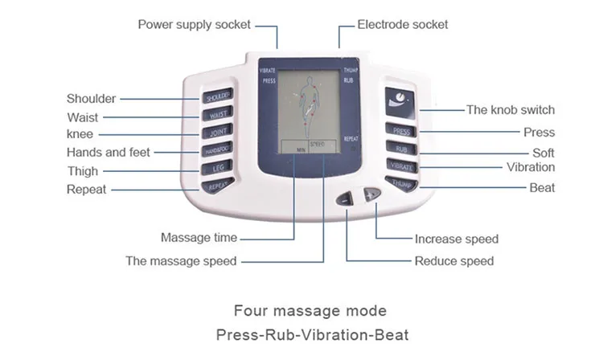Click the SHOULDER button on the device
(218, 97)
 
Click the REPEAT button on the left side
(218, 186)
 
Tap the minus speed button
(347, 198)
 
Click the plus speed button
(371, 194)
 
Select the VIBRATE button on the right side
(400, 166)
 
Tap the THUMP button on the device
(400, 183)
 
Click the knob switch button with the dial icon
(400, 99)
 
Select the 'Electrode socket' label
(403, 25)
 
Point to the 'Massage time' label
(199, 238)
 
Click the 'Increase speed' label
(456, 239)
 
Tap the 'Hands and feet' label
(109, 152)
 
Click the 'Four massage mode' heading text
(310, 310)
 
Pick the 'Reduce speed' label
(453, 261)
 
